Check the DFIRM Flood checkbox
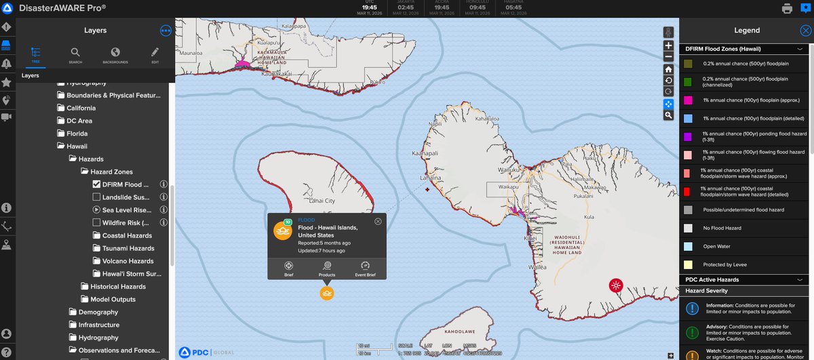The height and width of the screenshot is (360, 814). pyautogui.click(x=96, y=184)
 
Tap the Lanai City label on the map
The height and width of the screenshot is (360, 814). pyautogui.click(x=321, y=201)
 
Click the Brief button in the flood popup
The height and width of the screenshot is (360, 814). pyautogui.click(x=288, y=268)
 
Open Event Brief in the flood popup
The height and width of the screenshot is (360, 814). pyautogui.click(x=365, y=268)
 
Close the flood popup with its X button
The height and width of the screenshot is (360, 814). pyautogui.click(x=378, y=221)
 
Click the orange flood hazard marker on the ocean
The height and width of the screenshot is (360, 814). pyautogui.click(x=327, y=293)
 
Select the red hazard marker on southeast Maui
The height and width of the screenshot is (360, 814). pyautogui.click(x=616, y=285)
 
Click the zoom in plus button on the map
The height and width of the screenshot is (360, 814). pyautogui.click(x=668, y=45)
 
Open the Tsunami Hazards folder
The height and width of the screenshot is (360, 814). pyautogui.click(x=128, y=248)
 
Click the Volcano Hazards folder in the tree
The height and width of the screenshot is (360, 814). pyautogui.click(x=128, y=261)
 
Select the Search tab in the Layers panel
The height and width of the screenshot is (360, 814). pyautogui.click(x=75, y=55)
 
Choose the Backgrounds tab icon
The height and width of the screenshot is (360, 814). pyautogui.click(x=115, y=55)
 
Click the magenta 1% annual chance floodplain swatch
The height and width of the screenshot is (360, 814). pyautogui.click(x=688, y=100)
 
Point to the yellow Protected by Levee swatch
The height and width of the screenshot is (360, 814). pyautogui.click(x=688, y=264)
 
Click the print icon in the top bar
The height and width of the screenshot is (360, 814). pyautogui.click(x=787, y=9)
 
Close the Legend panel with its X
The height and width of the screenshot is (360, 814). pyautogui.click(x=805, y=31)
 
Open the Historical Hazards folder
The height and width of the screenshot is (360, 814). pyautogui.click(x=118, y=287)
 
